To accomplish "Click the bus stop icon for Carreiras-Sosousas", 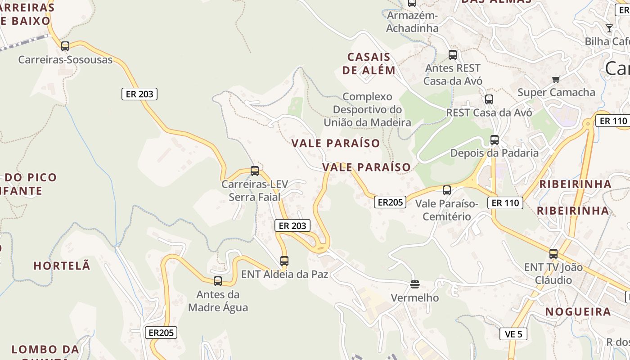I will [x=65, y=46].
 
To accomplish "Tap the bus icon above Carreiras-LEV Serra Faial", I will [x=255, y=171].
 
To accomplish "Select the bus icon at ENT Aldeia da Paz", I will [x=284, y=261].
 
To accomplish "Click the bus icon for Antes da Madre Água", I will [x=218, y=281].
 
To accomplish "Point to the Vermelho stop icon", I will [x=414, y=284].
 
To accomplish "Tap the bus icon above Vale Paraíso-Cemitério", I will [x=447, y=190].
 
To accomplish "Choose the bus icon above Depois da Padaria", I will [x=495, y=140].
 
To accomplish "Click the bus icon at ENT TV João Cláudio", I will [x=553, y=254].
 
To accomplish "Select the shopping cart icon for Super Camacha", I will [x=556, y=80].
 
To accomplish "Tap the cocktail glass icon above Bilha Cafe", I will [x=609, y=28].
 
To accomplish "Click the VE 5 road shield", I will [x=513, y=334].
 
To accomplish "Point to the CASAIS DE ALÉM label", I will [x=369, y=63].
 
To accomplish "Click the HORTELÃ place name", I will [x=62, y=266].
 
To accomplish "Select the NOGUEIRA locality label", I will [x=578, y=311].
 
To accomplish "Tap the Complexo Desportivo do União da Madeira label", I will [x=368, y=109].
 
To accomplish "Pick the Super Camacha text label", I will [x=556, y=92].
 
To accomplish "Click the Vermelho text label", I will [x=415, y=297].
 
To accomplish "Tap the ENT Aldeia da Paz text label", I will [x=285, y=274].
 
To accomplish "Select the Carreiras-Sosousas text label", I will [x=65, y=59].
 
